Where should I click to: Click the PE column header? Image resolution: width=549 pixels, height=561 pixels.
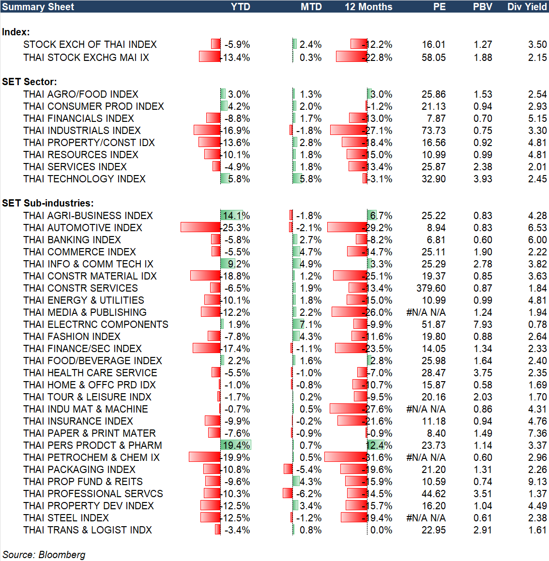pyautogui.click(x=439, y=7)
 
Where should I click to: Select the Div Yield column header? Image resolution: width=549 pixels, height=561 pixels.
pyautogui.click(x=527, y=7)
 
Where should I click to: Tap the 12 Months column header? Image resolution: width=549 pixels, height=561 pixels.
pyautogui.click(x=368, y=7)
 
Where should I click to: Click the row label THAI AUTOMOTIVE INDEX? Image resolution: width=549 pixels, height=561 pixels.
pyautogui.click(x=83, y=228)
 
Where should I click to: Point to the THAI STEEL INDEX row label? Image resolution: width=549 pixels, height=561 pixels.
pyautogui.click(x=66, y=518)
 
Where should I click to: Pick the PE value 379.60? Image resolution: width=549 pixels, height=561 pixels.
pyautogui.click(x=430, y=288)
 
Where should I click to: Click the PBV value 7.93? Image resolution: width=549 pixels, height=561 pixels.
pyautogui.click(x=483, y=325)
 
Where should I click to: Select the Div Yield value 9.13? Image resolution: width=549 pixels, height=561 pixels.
pyautogui.click(x=537, y=482)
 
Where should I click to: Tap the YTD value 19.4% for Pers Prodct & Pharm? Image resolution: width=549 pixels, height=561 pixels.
pyautogui.click(x=236, y=445)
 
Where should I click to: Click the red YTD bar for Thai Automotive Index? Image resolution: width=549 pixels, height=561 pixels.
pyautogui.click(x=200, y=227)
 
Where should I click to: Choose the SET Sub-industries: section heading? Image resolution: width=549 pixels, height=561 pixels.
pyautogui.click(x=48, y=203)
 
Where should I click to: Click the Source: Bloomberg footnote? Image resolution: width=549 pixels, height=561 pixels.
pyautogui.click(x=44, y=555)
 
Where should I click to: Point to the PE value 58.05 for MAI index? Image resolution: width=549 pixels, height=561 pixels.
pyautogui.click(x=433, y=58)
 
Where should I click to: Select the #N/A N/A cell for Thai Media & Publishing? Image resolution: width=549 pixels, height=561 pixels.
pyautogui.click(x=426, y=312)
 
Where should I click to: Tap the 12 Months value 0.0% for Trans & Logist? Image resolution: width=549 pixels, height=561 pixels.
pyautogui.click(x=381, y=530)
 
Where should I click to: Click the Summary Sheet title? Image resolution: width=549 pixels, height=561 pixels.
pyautogui.click(x=38, y=7)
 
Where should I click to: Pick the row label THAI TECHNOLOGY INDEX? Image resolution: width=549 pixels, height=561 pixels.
pyautogui.click(x=84, y=179)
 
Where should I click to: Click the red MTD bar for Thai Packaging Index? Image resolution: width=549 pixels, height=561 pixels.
pyautogui.click(x=288, y=469)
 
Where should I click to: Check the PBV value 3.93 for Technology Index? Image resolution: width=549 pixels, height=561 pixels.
pyautogui.click(x=483, y=179)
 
